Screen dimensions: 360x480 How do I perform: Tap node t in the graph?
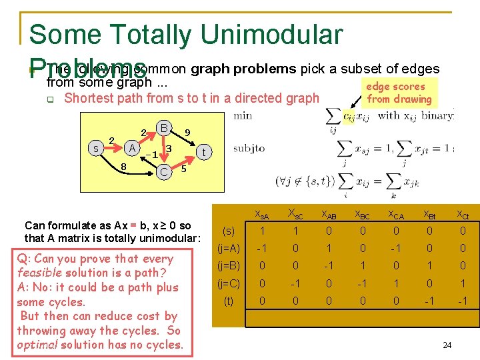[205, 152]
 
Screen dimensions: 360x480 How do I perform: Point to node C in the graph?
[163, 172]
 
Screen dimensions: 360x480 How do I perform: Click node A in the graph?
[133, 147]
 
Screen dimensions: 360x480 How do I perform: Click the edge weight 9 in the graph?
[187, 133]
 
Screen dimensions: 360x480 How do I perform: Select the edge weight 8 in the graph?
[124, 166]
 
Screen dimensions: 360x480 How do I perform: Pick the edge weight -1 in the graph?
[151, 154]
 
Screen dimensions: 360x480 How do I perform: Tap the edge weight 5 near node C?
[184, 170]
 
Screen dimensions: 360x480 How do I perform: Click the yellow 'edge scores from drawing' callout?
[399, 93]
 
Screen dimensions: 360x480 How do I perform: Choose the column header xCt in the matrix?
[461, 214]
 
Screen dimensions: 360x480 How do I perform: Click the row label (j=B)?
[229, 265]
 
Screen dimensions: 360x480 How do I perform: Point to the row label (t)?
[229, 301]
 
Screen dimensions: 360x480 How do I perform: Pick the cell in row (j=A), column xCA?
[396, 248]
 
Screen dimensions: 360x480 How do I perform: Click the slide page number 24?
[447, 345]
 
